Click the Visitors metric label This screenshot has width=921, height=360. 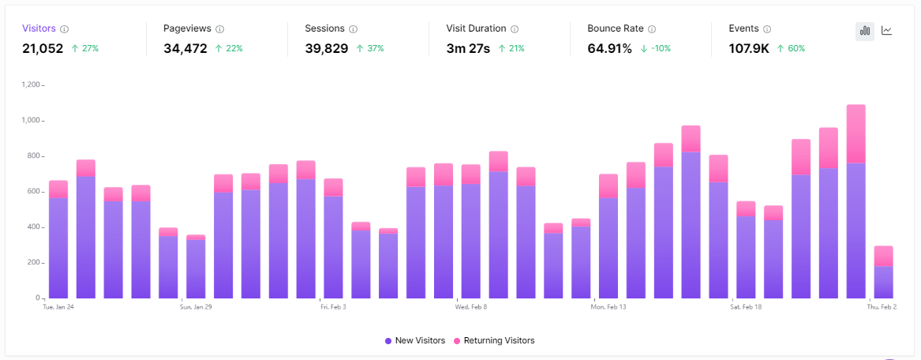coord(39,28)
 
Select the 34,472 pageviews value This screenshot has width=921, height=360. coord(185,48)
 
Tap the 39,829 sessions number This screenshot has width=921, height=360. coord(327,48)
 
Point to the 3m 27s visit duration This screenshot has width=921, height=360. coord(468,48)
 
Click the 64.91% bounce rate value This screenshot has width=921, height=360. coord(609,48)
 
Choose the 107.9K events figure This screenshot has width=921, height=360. coord(749,48)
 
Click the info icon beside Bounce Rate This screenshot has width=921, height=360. coord(652,29)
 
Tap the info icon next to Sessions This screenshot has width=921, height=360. coord(353,29)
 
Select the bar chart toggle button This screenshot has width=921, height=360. coord(865,31)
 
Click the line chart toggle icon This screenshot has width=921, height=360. coord(887,31)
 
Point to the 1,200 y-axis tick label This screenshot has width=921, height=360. coord(31,84)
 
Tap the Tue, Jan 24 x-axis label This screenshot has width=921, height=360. coord(58,307)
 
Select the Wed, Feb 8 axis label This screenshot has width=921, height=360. coord(471,307)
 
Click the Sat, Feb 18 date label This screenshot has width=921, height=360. coord(746,307)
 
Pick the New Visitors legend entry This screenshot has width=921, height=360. coord(414,340)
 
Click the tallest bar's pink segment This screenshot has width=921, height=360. coord(855,133)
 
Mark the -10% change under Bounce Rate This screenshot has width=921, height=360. coord(655,49)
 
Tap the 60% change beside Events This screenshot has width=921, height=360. coord(792,49)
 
